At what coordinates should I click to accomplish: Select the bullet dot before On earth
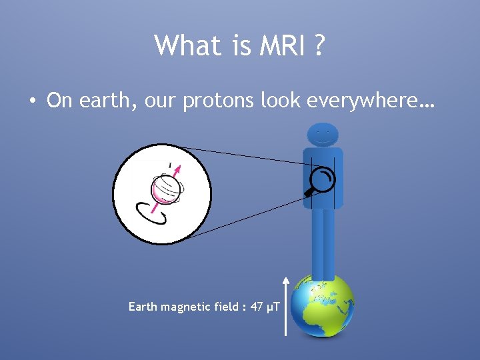(x=32, y=101)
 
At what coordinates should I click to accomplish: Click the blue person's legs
(x=323, y=240)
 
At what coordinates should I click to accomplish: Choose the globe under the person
(x=323, y=307)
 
